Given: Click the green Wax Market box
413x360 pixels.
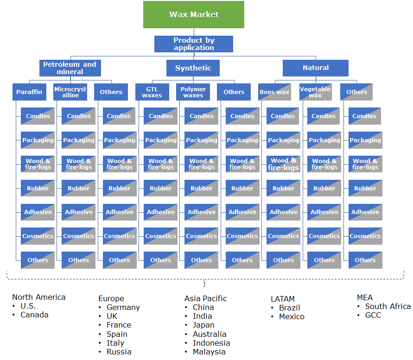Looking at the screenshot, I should point(193,14).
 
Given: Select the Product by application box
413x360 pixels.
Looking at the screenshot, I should point(193,44).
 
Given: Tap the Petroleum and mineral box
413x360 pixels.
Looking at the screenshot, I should point(70,68).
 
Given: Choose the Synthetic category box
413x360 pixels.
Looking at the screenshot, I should point(193,68).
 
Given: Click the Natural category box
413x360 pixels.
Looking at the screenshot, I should point(315,68).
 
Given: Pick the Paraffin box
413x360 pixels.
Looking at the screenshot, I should point(29,92).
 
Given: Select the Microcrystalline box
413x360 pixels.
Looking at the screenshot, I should point(70,92).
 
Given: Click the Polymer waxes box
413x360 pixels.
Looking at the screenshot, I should point(193,92).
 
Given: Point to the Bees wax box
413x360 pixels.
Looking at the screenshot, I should point(274,92).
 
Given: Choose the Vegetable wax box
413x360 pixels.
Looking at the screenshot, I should point(315,92).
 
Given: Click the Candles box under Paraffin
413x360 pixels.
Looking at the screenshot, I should point(38,116).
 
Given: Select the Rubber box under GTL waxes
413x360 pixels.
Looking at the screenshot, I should point(160,188).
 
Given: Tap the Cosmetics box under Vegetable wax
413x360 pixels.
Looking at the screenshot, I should point(324,236).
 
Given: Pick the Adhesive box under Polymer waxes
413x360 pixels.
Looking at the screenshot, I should point(201,212).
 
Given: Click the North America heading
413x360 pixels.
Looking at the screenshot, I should point(39,297).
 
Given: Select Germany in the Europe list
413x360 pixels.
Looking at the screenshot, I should point(123,307).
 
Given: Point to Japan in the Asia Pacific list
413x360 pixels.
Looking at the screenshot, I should point(203,325).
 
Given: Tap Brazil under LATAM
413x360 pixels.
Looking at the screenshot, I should point(289,308).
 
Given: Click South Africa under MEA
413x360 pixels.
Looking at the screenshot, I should point(388,306).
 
